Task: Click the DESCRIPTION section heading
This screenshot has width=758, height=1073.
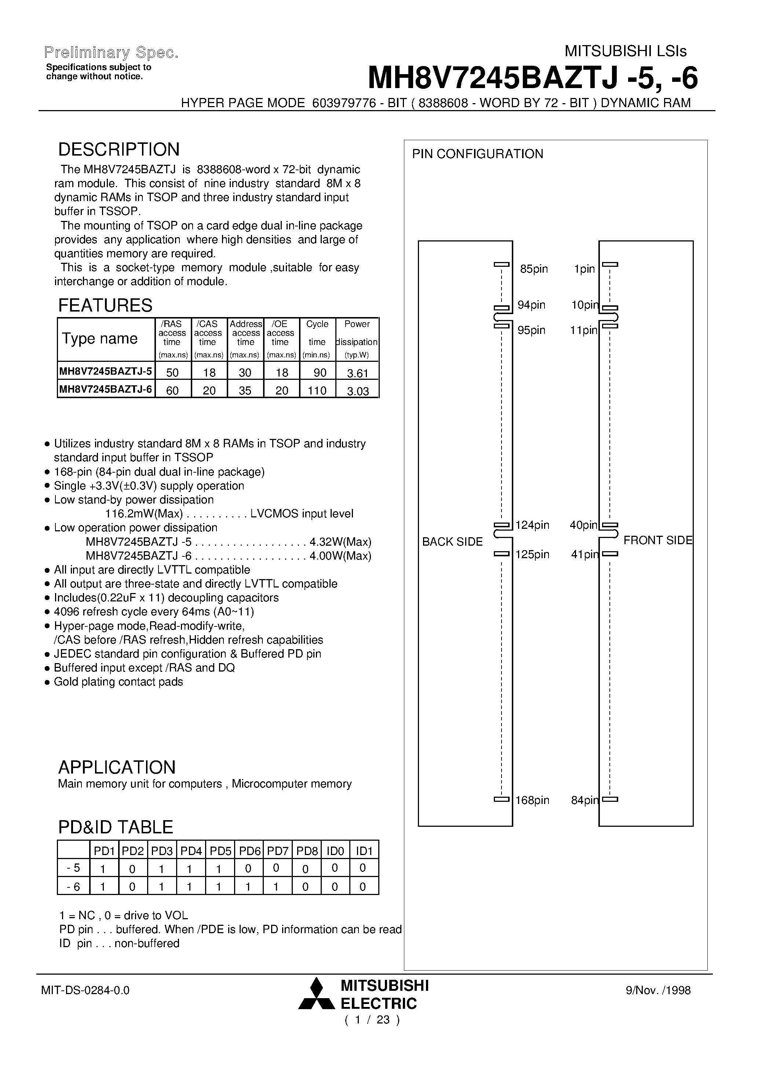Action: click(x=119, y=150)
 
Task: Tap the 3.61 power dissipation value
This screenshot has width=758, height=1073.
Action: click(x=357, y=373)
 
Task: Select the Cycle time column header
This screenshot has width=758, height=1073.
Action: click(x=317, y=333)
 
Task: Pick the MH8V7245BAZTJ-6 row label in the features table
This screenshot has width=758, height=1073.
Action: click(x=106, y=389)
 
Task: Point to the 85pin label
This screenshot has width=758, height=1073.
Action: click(x=534, y=269)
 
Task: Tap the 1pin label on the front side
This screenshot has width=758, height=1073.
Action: click(x=584, y=269)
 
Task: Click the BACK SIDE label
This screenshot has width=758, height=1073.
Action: click(x=452, y=542)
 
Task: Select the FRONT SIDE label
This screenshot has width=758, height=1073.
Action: click(x=657, y=540)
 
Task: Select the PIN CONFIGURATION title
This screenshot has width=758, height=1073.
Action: click(x=477, y=154)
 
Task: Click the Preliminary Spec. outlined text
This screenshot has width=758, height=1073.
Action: click(x=111, y=53)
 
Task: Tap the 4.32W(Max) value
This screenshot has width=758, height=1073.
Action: click(x=340, y=542)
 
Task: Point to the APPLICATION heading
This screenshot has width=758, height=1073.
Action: click(x=117, y=767)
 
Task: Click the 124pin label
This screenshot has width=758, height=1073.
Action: click(x=532, y=525)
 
